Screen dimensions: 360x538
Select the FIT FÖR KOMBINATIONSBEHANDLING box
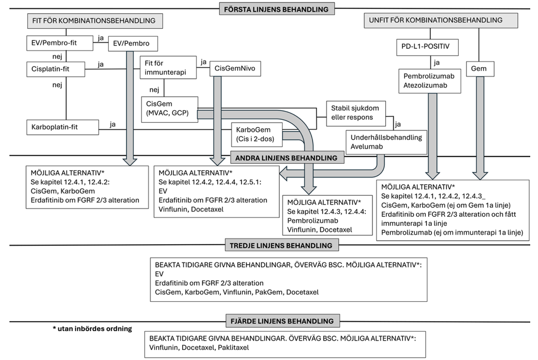point(95,21)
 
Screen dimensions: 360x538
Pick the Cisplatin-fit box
point(56,69)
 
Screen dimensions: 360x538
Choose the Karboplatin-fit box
point(62,127)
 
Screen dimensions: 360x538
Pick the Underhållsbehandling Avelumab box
point(386,143)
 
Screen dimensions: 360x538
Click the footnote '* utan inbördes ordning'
point(92,328)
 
